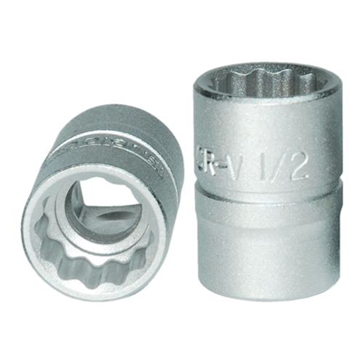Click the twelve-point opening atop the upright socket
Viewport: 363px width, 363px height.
click(258, 80)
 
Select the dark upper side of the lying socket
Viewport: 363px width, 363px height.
click(109, 136)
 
